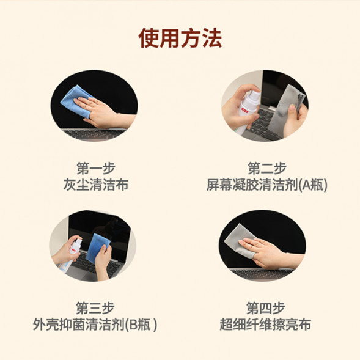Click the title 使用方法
click(180, 38)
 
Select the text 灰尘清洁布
click(95, 185)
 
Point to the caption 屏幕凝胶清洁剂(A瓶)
click(266, 185)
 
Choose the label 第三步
click(95, 307)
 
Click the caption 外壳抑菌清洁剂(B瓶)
click(95, 325)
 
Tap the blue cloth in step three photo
click(98, 244)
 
